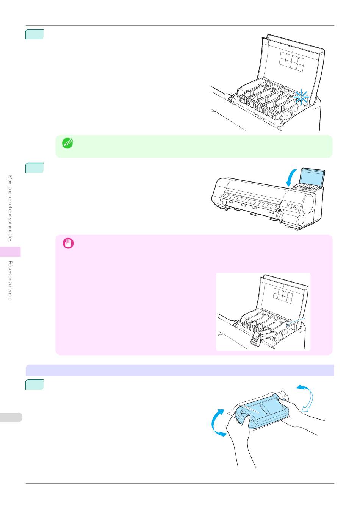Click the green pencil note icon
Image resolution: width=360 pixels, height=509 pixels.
point(69,143)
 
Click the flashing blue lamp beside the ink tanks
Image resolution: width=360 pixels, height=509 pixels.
point(301,97)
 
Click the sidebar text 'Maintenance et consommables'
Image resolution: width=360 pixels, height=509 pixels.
point(11,208)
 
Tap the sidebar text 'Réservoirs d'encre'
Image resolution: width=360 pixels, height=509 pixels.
point(11,280)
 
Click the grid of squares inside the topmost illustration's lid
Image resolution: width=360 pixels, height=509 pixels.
point(291,61)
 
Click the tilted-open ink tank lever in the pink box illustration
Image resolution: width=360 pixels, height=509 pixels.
point(255,338)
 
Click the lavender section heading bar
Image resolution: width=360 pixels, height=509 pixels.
point(180,370)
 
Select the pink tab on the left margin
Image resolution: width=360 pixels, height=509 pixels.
point(10,251)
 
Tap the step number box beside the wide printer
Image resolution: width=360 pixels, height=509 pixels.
point(34,168)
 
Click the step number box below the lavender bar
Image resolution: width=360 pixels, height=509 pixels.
point(34,384)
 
